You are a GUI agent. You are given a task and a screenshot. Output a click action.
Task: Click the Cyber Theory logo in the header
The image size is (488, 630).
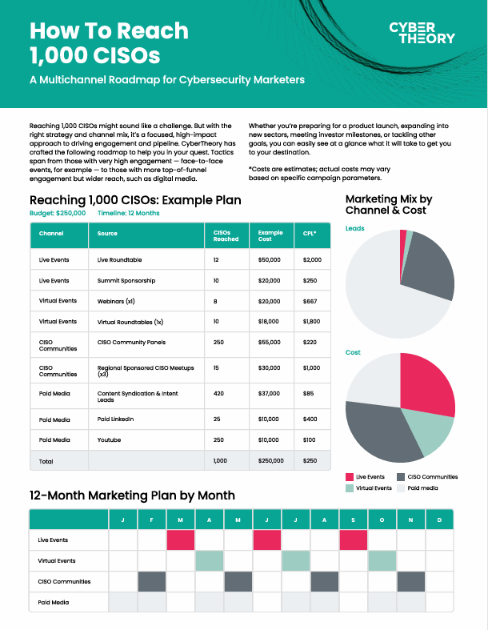[422, 32]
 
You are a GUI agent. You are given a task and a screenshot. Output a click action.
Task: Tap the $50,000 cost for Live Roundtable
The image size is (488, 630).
[269, 260]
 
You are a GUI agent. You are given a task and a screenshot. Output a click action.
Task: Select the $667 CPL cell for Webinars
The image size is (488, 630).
[311, 300]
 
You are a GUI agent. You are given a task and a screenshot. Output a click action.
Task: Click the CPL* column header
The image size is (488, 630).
[310, 234]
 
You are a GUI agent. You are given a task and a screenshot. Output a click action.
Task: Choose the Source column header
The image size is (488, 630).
[107, 234]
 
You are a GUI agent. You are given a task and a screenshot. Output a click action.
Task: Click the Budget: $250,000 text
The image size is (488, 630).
[58, 214]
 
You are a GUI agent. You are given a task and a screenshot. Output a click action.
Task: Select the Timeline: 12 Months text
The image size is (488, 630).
[128, 214]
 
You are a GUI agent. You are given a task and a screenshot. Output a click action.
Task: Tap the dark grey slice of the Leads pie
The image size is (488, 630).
[428, 276]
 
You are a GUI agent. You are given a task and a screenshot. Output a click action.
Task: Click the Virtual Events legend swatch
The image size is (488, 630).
[350, 488]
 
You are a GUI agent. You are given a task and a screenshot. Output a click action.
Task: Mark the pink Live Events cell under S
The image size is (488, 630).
[354, 540]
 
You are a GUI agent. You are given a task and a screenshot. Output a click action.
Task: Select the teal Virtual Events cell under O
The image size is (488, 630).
[382, 561]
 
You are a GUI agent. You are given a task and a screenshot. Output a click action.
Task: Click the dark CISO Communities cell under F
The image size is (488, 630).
[151, 582]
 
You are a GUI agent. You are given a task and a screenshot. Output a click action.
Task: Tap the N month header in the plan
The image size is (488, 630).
[411, 520]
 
